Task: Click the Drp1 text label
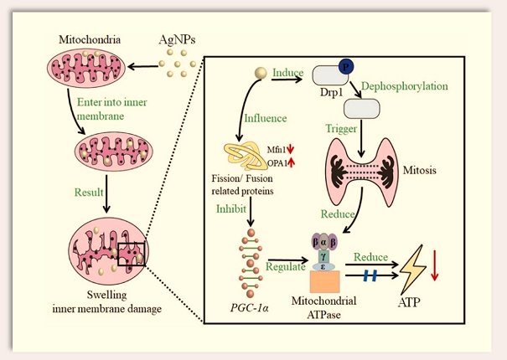[328, 95]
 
